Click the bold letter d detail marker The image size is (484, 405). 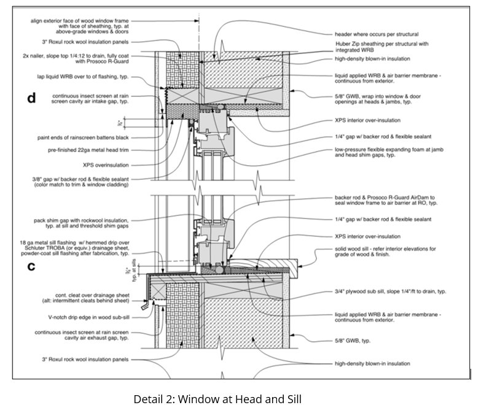coord(31,99)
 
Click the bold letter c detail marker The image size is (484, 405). coord(31,268)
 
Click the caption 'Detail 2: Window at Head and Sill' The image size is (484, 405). coord(217,398)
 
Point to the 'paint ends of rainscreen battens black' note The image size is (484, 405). coord(85,137)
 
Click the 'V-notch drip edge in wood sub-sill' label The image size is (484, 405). coord(87,317)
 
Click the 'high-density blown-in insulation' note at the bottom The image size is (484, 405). coord(372,363)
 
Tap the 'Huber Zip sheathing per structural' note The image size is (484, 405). coord(381,47)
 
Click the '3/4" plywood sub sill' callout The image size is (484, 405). coord(390,291)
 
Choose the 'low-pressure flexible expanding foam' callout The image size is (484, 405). coord(390,152)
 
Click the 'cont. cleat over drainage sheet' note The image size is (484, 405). coord(86,298)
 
